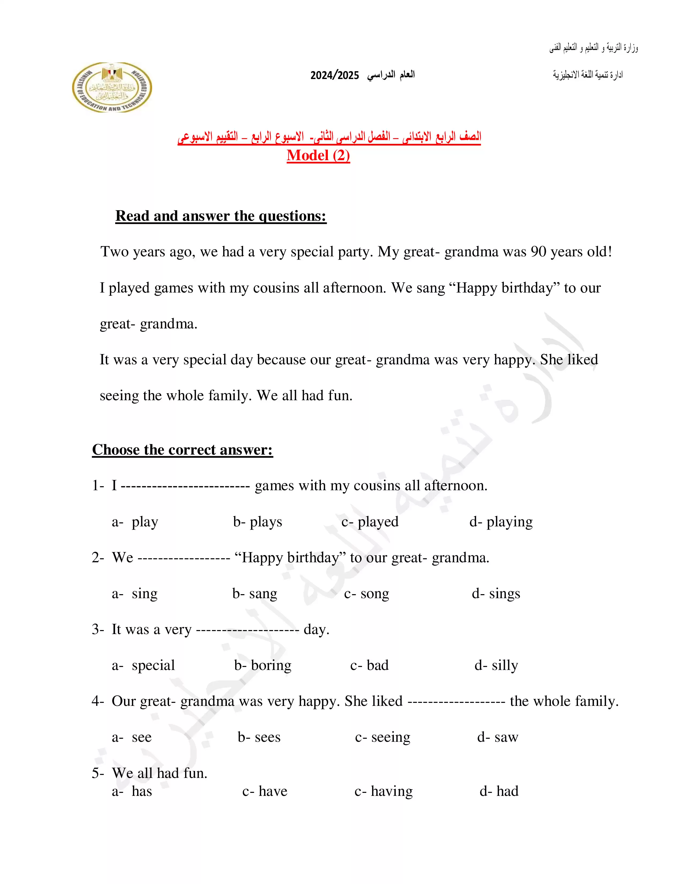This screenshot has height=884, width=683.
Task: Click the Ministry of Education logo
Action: point(112,87)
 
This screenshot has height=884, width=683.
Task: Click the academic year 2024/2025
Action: point(334,75)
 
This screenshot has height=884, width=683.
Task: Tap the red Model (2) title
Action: point(318,155)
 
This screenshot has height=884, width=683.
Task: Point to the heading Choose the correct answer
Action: point(182,450)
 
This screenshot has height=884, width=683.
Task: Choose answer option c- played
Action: point(370,522)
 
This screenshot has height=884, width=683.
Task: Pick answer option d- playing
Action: point(501,522)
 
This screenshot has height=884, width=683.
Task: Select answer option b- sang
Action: point(255,593)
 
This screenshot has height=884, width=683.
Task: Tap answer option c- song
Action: point(367,593)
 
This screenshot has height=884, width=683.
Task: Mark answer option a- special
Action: point(144,665)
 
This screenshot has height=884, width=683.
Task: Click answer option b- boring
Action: point(262,665)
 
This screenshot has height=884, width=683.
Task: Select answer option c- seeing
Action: point(382,737)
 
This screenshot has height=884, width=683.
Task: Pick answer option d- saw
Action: point(498,737)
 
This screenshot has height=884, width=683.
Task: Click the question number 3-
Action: point(98,630)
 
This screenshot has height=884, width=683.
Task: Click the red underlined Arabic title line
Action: point(329,137)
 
